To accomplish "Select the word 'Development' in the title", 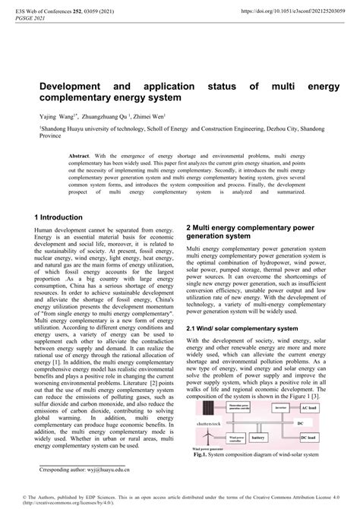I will point(71,87).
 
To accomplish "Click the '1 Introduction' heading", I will point(63,217).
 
